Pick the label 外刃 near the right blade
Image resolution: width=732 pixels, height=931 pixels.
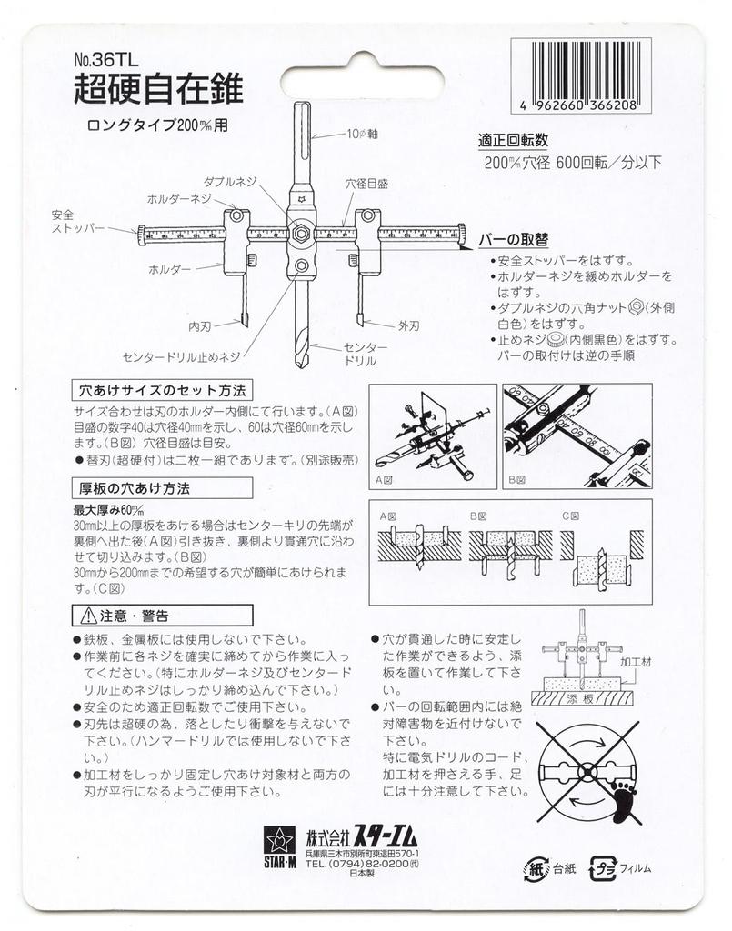tap(408, 322)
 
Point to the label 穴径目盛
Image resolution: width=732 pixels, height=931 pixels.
tap(366, 184)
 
